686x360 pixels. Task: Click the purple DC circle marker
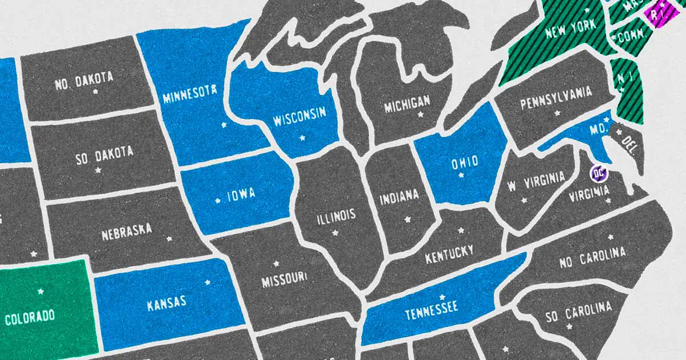click(x=599, y=172)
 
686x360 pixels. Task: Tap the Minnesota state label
click(x=189, y=94)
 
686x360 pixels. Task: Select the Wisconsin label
click(x=299, y=116)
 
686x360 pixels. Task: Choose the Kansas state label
click(x=166, y=303)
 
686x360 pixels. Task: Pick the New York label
click(x=571, y=29)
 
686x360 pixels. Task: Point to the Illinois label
click(x=336, y=216)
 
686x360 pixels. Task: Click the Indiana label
click(x=399, y=198)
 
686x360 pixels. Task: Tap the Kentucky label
click(x=449, y=255)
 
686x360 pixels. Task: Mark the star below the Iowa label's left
click(x=217, y=201)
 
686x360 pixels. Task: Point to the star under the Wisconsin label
click(x=302, y=138)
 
